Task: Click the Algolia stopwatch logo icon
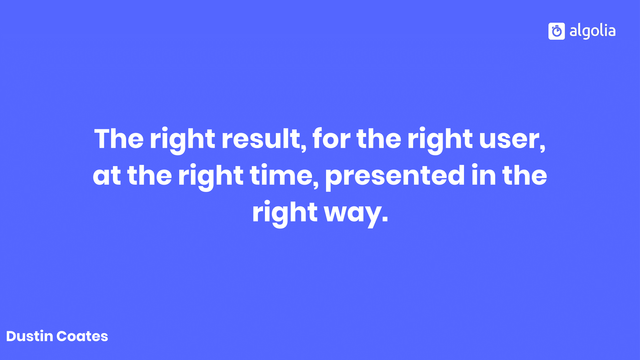(x=556, y=31)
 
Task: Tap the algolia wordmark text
(x=592, y=31)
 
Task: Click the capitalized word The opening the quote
(x=119, y=139)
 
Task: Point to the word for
(x=332, y=139)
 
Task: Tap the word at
(x=107, y=176)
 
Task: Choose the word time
(x=284, y=176)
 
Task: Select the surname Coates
(x=82, y=336)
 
